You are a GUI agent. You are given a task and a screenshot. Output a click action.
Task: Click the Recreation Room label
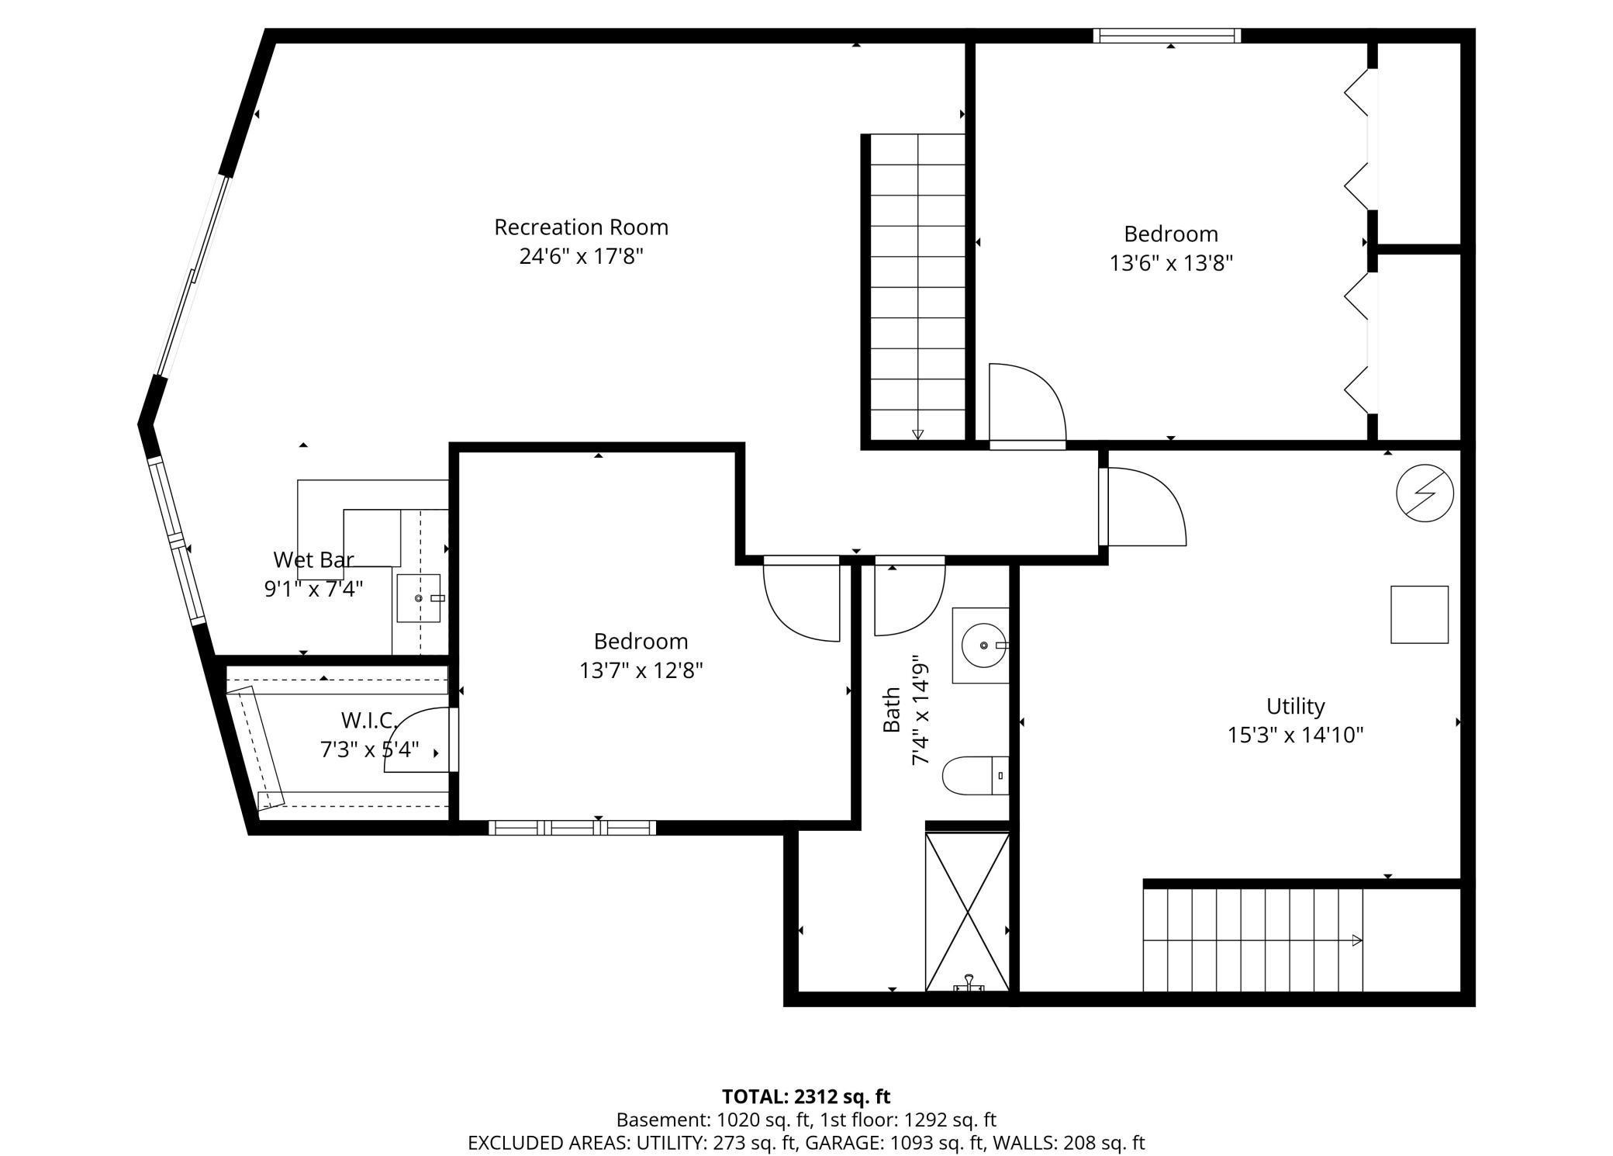click(x=581, y=227)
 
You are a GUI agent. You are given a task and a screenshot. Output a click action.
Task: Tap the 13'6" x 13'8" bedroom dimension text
click(x=1171, y=264)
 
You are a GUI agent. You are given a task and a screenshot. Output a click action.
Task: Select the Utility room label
click(x=1295, y=706)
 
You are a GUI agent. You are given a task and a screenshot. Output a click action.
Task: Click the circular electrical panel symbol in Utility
click(x=1425, y=493)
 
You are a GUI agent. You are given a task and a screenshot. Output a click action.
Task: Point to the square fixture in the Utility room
click(x=1419, y=614)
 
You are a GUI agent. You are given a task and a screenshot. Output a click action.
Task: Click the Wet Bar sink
click(x=419, y=598)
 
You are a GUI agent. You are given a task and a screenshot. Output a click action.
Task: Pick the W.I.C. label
click(x=369, y=721)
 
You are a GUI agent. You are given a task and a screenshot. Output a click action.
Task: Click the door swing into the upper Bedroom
click(x=1025, y=403)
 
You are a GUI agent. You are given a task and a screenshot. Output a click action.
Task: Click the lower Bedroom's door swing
click(x=803, y=601)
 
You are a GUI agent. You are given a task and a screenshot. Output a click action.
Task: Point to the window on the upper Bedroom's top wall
click(x=1166, y=36)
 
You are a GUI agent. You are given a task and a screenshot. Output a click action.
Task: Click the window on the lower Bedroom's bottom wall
click(x=572, y=828)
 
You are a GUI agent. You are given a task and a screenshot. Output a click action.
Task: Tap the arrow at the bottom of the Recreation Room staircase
click(x=917, y=434)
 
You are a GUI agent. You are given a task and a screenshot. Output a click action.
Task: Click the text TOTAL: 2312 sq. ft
click(x=806, y=1096)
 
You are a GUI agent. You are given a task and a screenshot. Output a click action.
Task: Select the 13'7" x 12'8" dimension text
click(x=641, y=670)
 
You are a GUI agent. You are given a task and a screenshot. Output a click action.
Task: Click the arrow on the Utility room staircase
click(x=1356, y=940)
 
